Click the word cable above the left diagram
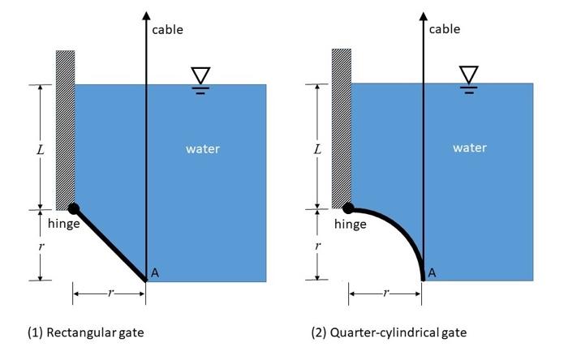[x=167, y=30]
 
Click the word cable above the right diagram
[x=444, y=29]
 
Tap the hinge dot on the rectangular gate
[x=74, y=208]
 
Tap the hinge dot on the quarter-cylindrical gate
[x=349, y=208]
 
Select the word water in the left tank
[x=202, y=148]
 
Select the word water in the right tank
[x=470, y=148]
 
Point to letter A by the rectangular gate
[x=155, y=273]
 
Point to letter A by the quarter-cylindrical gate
[x=432, y=273]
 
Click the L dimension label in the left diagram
[x=41, y=149]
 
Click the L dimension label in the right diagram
[x=317, y=149]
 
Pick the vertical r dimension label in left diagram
[x=41, y=245]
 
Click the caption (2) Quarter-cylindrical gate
[x=389, y=332]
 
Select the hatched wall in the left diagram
[x=65, y=130]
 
